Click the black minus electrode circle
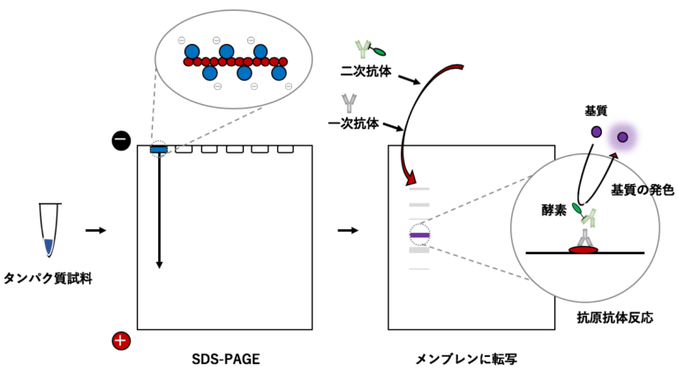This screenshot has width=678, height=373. point(122,139)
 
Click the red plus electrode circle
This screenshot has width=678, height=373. point(122,340)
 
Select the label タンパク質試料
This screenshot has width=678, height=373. point(49,279)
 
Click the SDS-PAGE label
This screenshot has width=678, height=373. point(225,360)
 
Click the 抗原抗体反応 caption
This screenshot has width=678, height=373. point(606,317)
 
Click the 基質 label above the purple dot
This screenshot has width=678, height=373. point(597,112)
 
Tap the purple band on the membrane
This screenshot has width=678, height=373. point(419,235)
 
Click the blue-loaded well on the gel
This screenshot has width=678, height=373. point(159,150)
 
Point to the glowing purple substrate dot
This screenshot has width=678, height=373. point(623,137)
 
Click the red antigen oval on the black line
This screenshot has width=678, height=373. point(584,251)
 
